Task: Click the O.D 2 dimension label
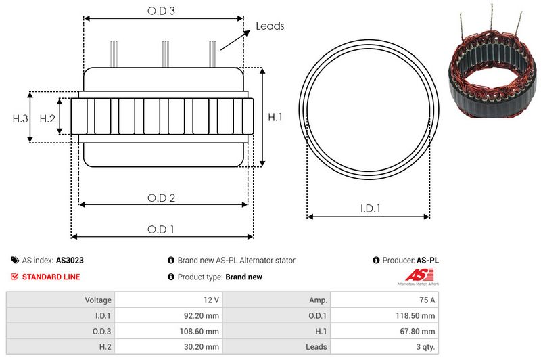click(162, 198)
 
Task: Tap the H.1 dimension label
click(275, 118)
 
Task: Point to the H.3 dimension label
click(20, 118)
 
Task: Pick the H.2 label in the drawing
click(47, 118)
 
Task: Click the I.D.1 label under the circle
click(369, 209)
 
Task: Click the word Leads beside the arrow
click(270, 26)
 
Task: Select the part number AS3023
click(70, 260)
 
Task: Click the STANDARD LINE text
click(51, 277)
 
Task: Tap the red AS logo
click(414, 275)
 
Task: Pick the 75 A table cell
click(427, 300)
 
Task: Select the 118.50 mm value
click(415, 315)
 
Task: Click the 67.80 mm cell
click(417, 331)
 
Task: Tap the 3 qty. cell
click(424, 346)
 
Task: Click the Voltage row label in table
click(98, 300)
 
